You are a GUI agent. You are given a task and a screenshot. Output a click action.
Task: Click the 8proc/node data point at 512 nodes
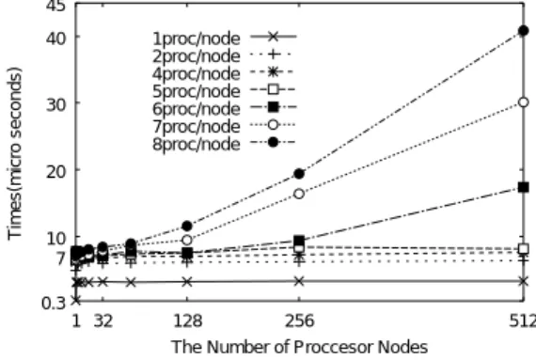pyautogui.click(x=524, y=31)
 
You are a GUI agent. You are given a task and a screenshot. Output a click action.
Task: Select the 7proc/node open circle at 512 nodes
pyautogui.click(x=524, y=102)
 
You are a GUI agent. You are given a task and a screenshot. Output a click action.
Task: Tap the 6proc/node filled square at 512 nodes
pyautogui.click(x=524, y=187)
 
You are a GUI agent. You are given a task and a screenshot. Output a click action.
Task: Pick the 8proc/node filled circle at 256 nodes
pyautogui.click(x=299, y=174)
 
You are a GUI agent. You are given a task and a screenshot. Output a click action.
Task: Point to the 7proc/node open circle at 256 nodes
pyautogui.click(x=299, y=194)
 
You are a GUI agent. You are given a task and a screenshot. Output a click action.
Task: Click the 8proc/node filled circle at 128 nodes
pyautogui.click(x=187, y=226)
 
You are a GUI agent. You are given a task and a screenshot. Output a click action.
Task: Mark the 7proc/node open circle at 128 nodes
pyautogui.click(x=187, y=240)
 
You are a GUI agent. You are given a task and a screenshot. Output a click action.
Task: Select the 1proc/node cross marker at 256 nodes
pyautogui.click(x=299, y=281)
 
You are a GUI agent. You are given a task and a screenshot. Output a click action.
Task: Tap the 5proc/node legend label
pyautogui.click(x=197, y=91)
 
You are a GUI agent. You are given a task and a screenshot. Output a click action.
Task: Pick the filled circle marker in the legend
pyautogui.click(x=273, y=142)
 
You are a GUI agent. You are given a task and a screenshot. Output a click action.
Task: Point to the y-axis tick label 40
pyautogui.click(x=55, y=38)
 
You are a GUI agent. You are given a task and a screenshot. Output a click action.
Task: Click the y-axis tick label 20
pyautogui.click(x=55, y=171)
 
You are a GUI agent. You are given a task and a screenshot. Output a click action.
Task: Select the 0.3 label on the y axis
pyautogui.click(x=54, y=303)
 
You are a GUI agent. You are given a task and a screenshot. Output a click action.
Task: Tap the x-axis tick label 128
pyautogui.click(x=188, y=321)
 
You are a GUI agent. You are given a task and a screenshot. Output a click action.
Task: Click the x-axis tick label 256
pyautogui.click(x=299, y=321)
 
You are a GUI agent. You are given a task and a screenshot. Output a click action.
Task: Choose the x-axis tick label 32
pyautogui.click(x=103, y=321)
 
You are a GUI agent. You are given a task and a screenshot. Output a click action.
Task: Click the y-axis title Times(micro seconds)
pyautogui.click(x=15, y=154)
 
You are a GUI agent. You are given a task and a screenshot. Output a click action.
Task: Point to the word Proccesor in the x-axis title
pyautogui.click(x=334, y=347)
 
